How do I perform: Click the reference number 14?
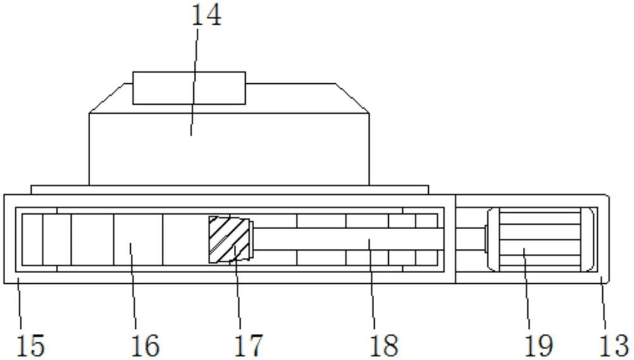206,16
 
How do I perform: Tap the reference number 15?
30,346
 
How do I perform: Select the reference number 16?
145,346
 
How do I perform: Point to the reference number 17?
248,346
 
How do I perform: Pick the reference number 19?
539,346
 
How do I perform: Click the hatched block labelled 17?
229,239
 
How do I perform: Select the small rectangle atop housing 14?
189,88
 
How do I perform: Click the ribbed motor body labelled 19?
540,239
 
